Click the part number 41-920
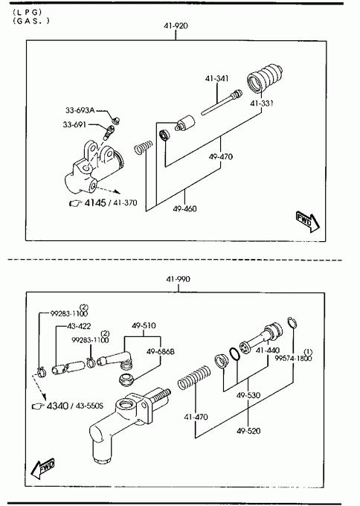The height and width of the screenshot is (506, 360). (176, 26)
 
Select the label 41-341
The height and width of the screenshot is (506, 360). (216, 78)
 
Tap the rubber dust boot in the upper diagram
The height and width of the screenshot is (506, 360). (265, 80)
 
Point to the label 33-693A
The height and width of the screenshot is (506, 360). (80, 110)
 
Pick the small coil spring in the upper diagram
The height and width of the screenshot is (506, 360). (144, 147)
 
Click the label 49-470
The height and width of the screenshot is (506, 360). (221, 157)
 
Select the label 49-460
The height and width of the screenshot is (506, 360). (184, 209)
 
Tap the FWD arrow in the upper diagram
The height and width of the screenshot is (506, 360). (308, 222)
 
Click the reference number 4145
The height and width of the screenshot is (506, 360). (95, 202)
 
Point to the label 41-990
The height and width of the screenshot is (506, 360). (178, 279)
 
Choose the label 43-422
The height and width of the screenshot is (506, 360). (79, 326)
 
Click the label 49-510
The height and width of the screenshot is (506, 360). (144, 326)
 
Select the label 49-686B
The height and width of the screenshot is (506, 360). (161, 351)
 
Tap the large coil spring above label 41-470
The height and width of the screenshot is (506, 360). (194, 377)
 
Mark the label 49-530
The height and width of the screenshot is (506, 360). (248, 395)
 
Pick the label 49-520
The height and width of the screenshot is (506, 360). (248, 431)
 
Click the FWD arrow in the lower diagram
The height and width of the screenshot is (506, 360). (42, 468)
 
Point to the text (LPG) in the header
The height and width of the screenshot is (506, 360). (28, 12)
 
